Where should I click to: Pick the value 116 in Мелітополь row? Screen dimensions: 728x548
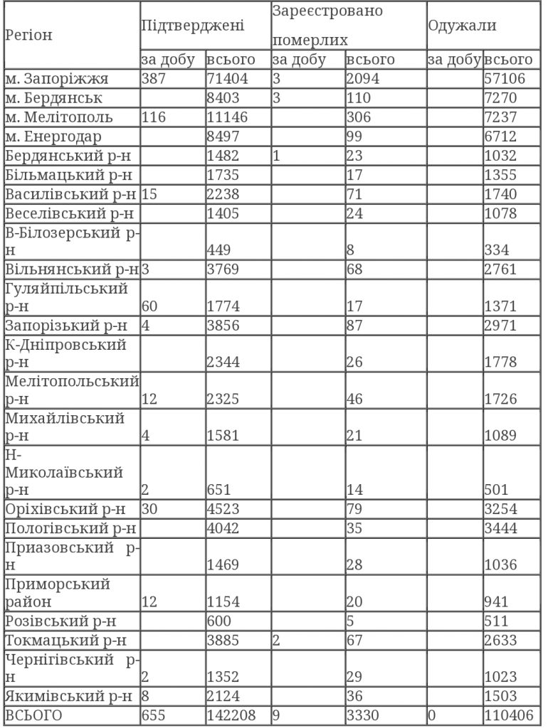(156, 117)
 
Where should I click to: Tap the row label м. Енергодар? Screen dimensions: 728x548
(53, 136)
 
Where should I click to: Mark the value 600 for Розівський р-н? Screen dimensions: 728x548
(219, 619)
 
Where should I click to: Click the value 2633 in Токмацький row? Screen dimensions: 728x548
(500, 638)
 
